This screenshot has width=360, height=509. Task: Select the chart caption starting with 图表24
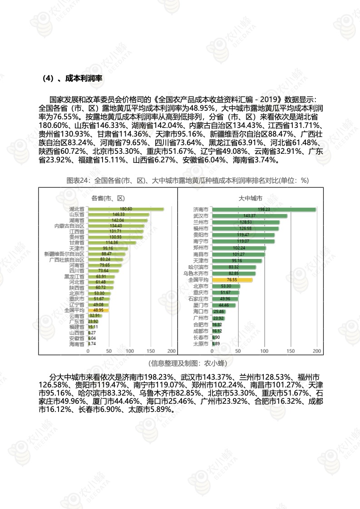(187, 181)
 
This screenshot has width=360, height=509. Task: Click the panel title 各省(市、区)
(108, 198)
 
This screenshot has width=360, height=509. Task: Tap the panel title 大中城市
(250, 198)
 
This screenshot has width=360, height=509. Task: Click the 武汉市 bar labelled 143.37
(249, 216)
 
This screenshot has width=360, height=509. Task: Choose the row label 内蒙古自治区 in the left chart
(69, 226)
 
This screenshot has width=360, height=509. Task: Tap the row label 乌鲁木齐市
(196, 274)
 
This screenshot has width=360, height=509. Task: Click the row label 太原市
(201, 344)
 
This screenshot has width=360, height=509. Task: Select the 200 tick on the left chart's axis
(172, 352)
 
